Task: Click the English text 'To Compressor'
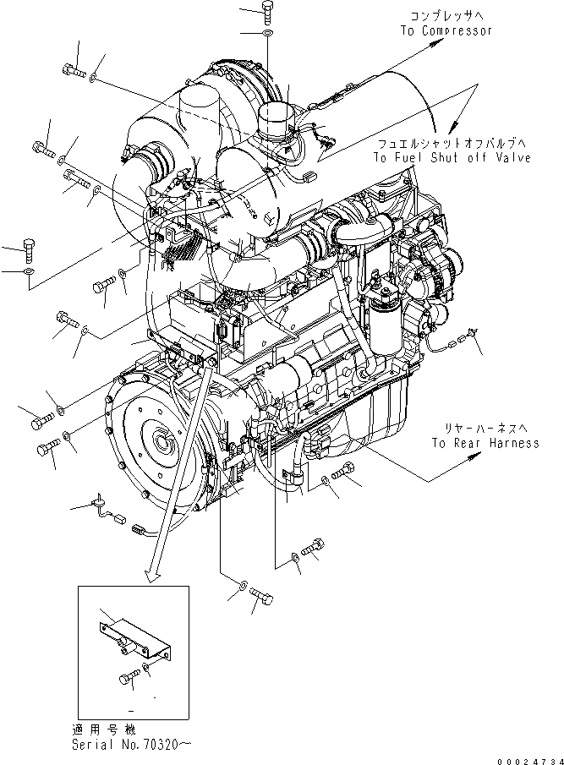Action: pyautogui.click(x=446, y=31)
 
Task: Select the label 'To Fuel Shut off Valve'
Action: pyautogui.click(x=452, y=158)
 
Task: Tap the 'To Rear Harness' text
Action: pyautogui.click(x=485, y=443)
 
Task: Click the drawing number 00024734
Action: pyautogui.click(x=528, y=757)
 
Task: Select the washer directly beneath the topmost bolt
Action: pyautogui.click(x=268, y=35)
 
